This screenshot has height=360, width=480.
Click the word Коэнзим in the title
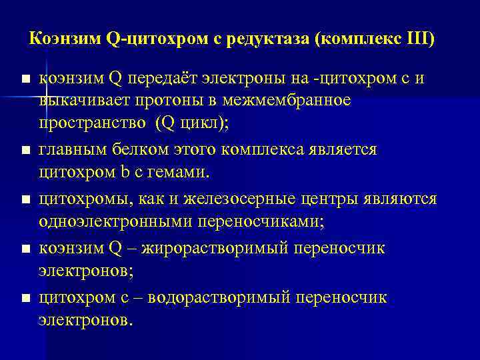coord(65,38)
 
